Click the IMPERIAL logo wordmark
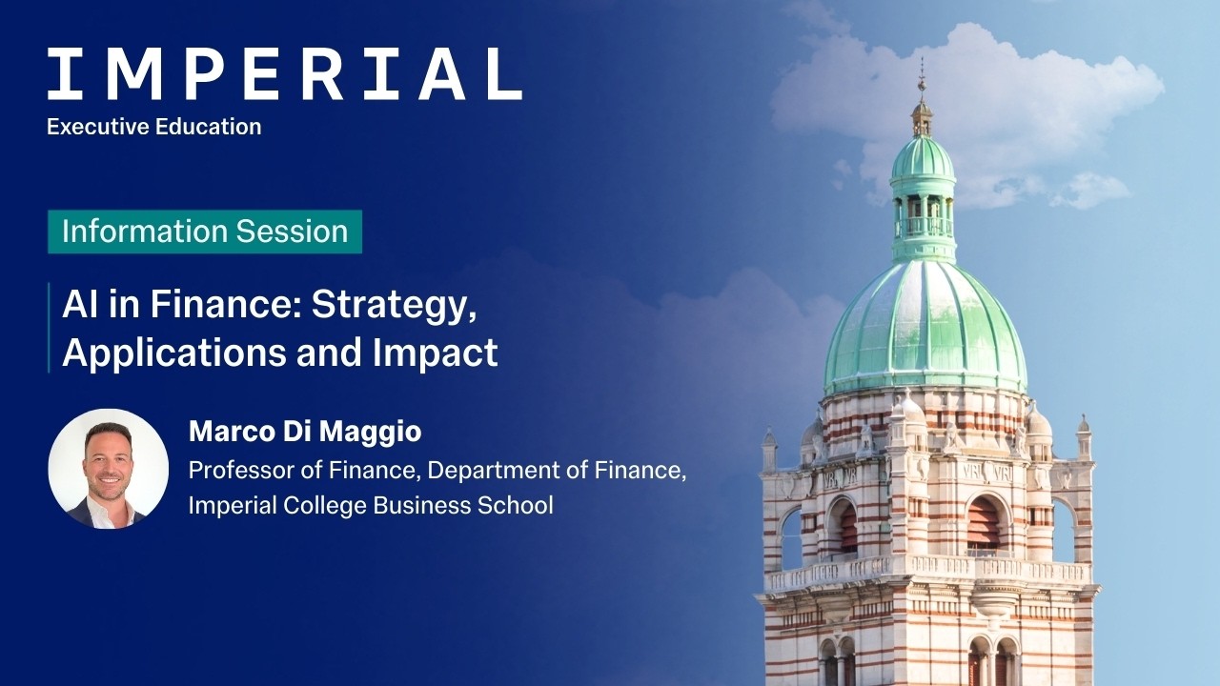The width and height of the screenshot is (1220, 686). click(x=284, y=74)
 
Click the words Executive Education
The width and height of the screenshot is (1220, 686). click(x=153, y=127)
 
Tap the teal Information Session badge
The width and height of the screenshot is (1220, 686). click(x=205, y=232)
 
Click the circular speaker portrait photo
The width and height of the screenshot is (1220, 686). click(x=108, y=469)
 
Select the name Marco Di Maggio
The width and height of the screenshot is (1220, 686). click(x=305, y=432)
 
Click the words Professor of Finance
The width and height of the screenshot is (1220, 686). click(x=304, y=471)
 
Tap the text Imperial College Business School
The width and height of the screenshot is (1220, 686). click(x=370, y=505)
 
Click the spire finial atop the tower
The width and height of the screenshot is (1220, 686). click(x=922, y=81)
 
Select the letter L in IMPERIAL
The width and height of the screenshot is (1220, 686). click(x=504, y=74)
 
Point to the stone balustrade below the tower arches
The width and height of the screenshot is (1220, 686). click(x=929, y=569)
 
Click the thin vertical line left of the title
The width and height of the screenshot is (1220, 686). click(x=50, y=328)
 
